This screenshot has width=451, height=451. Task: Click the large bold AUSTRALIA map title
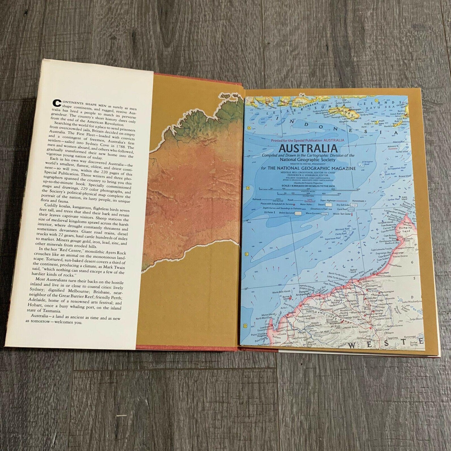308,148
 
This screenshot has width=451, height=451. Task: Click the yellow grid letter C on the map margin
247,254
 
